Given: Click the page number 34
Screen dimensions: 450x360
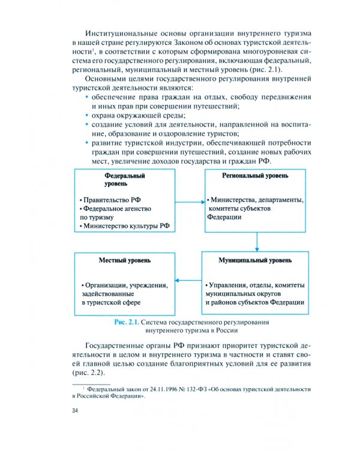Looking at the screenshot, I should click(75, 410).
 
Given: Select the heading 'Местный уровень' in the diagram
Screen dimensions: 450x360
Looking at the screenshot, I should click(125, 260).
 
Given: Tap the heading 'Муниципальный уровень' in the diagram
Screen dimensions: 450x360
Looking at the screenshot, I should click(255, 260).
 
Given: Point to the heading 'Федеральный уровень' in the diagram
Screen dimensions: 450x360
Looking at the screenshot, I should click(125, 179).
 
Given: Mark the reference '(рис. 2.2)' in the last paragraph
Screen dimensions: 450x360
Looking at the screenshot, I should click(91, 373).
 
